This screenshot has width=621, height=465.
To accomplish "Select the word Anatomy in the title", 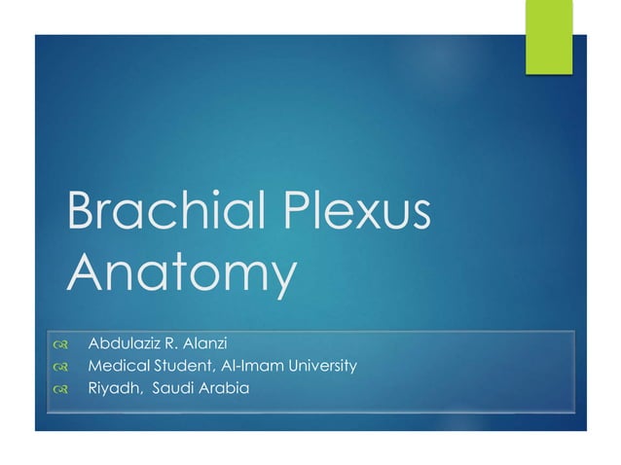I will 180,275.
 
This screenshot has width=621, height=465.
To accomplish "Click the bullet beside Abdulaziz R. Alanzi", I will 60,344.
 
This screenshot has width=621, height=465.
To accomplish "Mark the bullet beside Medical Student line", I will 60,368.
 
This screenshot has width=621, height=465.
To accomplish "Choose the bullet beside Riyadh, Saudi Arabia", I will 60,390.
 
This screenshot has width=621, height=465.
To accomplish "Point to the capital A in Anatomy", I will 88,275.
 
